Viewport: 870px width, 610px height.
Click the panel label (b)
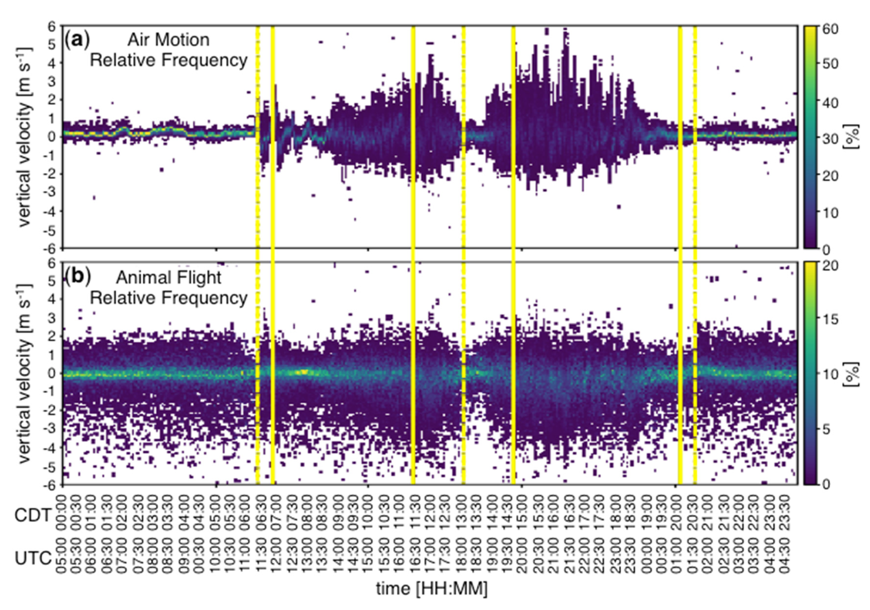[78, 277]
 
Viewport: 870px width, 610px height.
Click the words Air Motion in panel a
[168, 40]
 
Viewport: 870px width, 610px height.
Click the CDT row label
[33, 515]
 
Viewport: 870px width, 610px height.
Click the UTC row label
[33, 558]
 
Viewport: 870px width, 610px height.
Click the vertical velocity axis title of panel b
[24, 372]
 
